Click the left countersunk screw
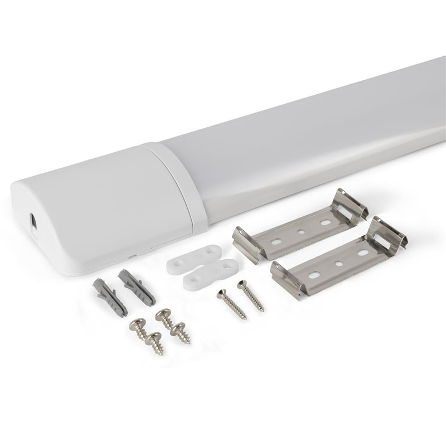tap(231, 304)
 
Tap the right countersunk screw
tap(251, 296)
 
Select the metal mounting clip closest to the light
tap(301, 223)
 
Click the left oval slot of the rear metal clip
tap(275, 241)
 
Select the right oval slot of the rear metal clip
tap(324, 221)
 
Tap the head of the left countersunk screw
tap(221, 292)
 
